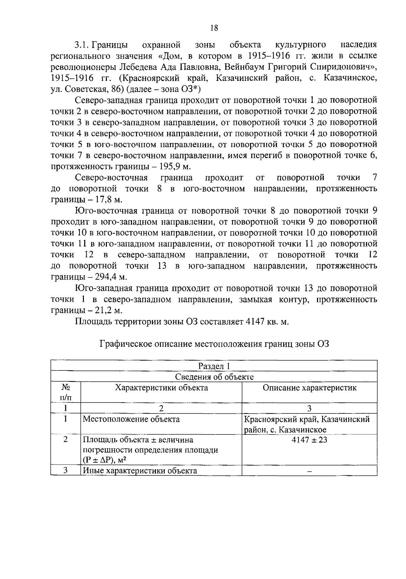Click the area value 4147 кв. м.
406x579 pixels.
point(263,321)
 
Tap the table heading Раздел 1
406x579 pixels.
point(214,366)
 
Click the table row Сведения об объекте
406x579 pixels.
point(214,377)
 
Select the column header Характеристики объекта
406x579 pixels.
point(161,388)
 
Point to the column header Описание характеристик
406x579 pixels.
point(310,388)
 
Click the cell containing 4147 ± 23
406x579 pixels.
point(310,440)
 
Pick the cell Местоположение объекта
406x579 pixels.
point(131,419)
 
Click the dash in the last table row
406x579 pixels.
point(310,471)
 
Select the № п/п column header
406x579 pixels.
point(66,392)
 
